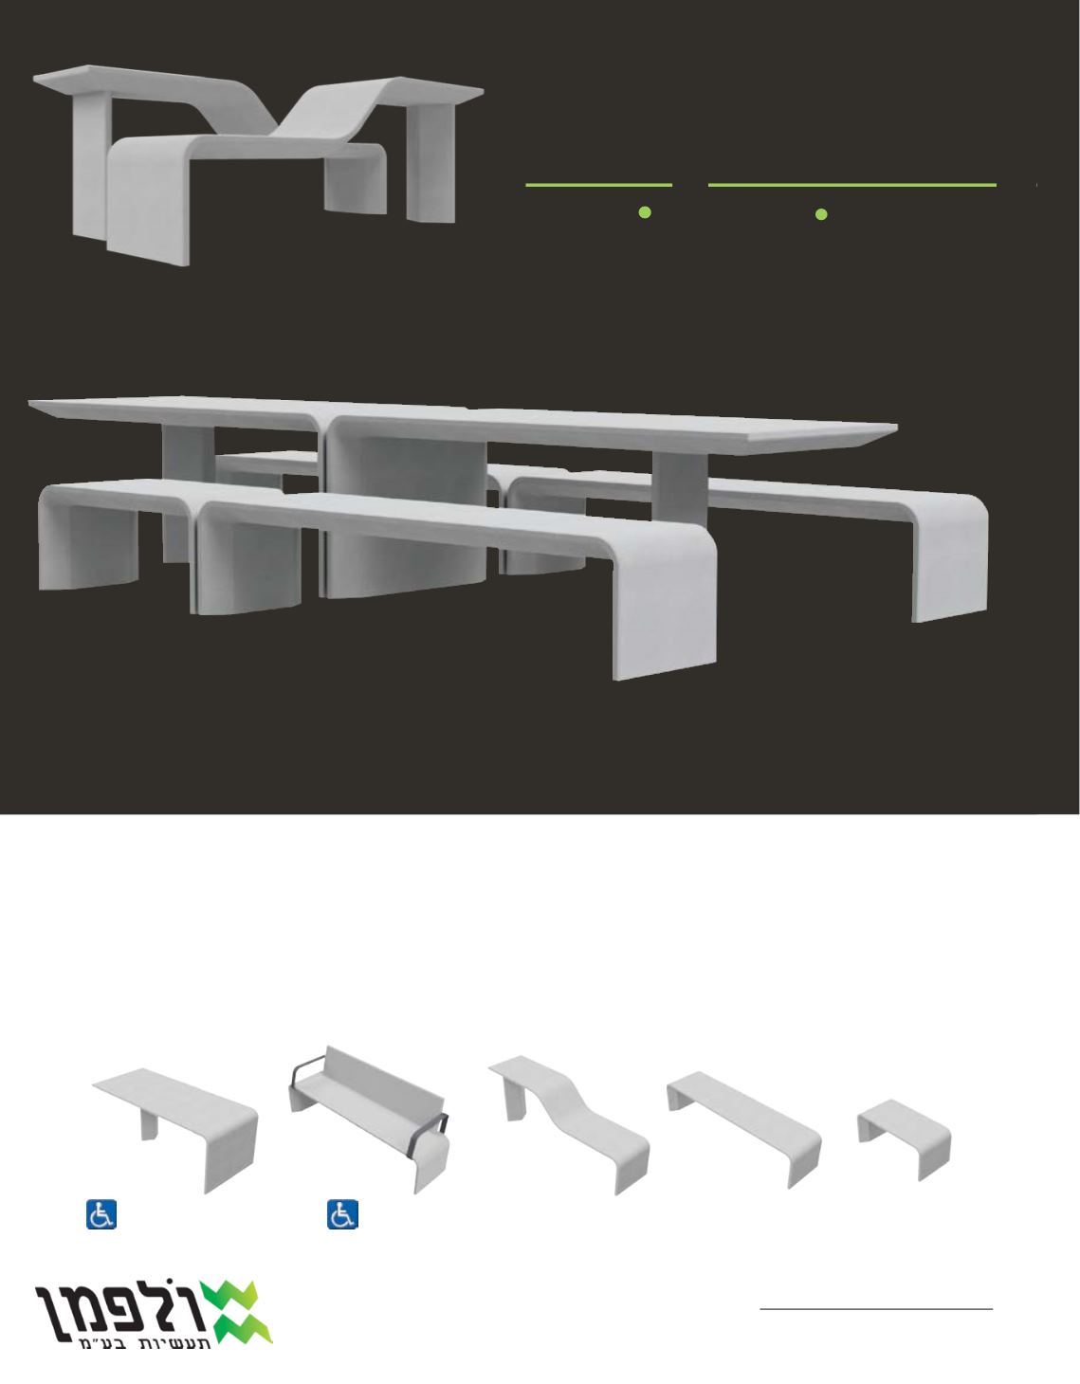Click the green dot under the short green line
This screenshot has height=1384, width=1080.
pyautogui.click(x=645, y=212)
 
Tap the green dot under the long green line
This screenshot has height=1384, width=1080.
pyautogui.click(x=821, y=214)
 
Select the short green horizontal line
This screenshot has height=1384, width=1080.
pyautogui.click(x=598, y=186)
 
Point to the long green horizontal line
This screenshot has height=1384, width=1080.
pyautogui.click(x=852, y=186)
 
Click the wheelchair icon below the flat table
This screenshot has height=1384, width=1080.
pyautogui.click(x=101, y=1214)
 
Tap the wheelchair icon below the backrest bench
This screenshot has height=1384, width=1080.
pyautogui.click(x=342, y=1214)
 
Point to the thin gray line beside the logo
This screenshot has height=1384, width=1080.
pyautogui.click(x=876, y=1309)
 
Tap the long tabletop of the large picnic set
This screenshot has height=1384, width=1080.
pyautogui.click(x=463, y=424)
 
